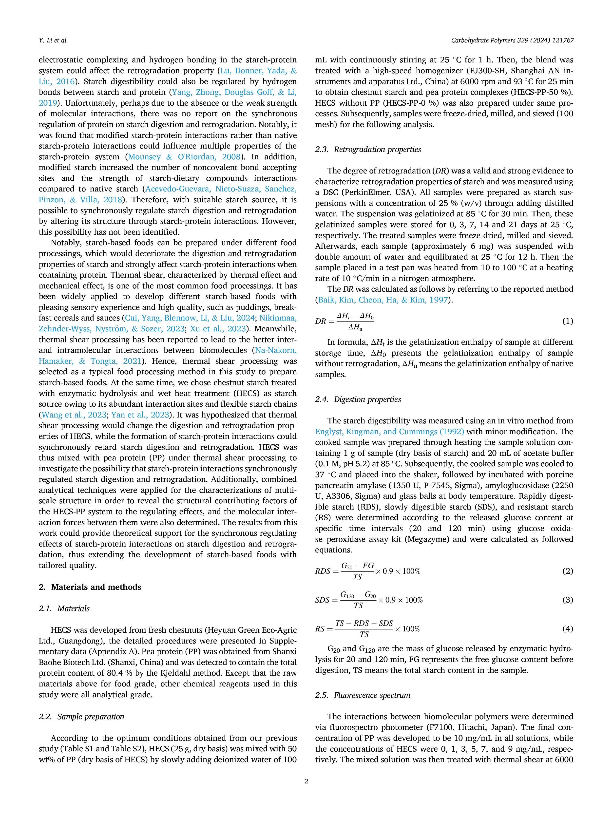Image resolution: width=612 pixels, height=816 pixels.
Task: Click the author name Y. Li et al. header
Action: [x=53, y=40]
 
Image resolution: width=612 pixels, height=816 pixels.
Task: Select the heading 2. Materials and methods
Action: [x=90, y=587]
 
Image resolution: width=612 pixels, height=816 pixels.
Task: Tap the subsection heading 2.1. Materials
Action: [x=64, y=608]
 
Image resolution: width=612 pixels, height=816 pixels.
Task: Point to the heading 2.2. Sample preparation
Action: [x=81, y=716]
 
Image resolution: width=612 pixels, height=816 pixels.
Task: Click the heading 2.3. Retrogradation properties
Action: [x=368, y=149]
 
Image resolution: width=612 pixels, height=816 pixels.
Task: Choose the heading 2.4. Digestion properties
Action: [x=358, y=399]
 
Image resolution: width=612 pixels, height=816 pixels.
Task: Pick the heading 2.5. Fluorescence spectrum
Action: [x=363, y=695]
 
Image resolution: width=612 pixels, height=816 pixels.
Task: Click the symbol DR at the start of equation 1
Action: [x=321, y=321]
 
